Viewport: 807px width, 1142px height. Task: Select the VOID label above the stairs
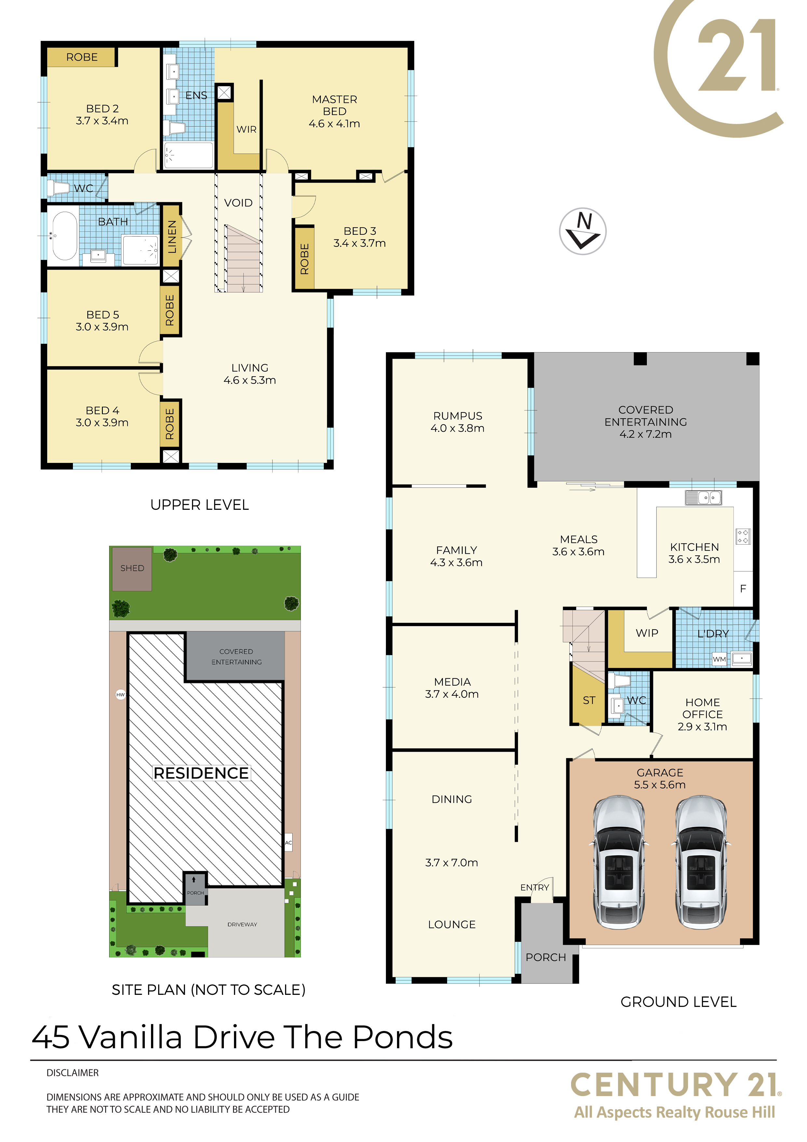click(x=238, y=203)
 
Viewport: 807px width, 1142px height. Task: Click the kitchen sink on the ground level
click(x=703, y=497)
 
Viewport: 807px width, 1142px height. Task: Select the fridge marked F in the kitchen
click(x=743, y=588)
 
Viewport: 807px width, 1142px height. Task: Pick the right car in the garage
click(x=701, y=862)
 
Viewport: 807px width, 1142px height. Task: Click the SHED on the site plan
click(x=132, y=568)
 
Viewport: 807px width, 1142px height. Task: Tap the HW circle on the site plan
click(x=120, y=694)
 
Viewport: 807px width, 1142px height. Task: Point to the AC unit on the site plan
click(x=288, y=842)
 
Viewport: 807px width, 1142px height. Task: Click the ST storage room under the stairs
click(x=588, y=696)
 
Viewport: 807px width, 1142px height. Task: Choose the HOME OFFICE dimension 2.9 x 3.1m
click(x=702, y=727)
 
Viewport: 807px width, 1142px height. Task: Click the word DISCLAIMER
click(x=73, y=1073)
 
